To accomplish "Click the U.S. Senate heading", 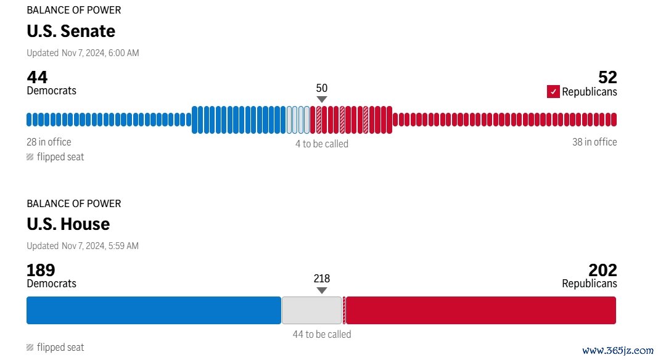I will tap(71, 31).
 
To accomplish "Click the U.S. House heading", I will tap(68, 224).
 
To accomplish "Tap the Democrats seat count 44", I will tap(37, 77).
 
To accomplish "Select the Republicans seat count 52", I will tap(607, 77).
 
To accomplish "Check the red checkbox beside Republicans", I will tap(553, 92).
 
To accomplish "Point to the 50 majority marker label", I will tap(321, 88).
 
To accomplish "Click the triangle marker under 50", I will tap(321, 99).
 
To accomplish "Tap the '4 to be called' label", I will tap(321, 144).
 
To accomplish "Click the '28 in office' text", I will tap(49, 142).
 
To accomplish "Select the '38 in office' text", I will tap(594, 142).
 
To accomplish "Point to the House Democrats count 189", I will tap(41, 270).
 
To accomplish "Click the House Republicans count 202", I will tap(602, 270).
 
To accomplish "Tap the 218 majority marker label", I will tap(321, 279).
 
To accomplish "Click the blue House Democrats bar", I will tap(154, 310).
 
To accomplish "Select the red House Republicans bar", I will tap(481, 310).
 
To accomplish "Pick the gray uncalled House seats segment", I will tap(311, 310).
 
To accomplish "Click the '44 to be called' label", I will tap(321, 334).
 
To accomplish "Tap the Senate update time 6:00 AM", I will tap(123, 53).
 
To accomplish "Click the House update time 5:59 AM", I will tap(123, 246).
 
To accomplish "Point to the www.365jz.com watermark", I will tap(617, 350).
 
